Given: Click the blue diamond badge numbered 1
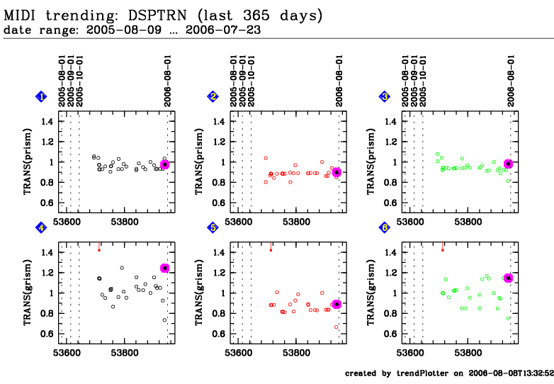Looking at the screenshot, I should click(43, 96).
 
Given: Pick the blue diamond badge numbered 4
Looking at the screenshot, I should click(43, 227).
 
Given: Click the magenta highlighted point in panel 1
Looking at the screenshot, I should click(165, 164).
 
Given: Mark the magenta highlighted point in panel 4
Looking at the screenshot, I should click(165, 268).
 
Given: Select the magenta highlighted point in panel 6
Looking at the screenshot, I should click(508, 278).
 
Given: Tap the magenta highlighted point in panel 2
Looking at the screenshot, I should click(337, 172).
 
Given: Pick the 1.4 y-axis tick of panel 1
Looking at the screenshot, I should click(47, 122).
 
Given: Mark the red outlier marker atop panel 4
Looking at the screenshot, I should click(99, 249).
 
